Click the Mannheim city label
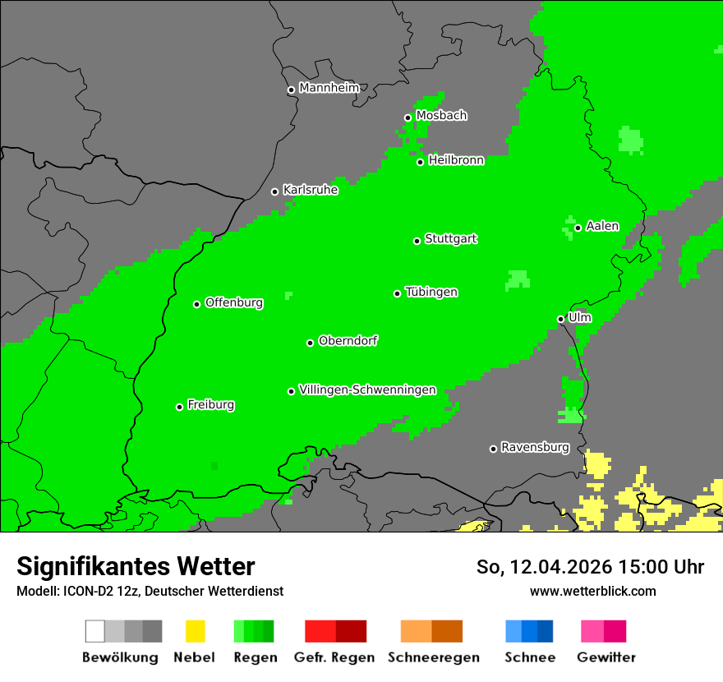329,88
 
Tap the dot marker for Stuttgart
417,241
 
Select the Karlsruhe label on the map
310,190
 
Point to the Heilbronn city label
456,160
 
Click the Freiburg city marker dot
179,407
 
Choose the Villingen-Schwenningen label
367,389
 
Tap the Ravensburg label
535,447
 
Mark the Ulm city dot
560,319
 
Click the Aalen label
602,226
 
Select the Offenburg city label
234,302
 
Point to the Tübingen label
431,292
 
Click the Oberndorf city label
348,340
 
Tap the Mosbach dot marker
408,118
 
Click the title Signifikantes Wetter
136,567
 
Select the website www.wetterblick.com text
592,591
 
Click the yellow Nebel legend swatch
195,631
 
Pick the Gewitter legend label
606,657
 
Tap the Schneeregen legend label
433,657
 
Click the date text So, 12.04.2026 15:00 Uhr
590,567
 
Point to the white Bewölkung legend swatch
95,631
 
